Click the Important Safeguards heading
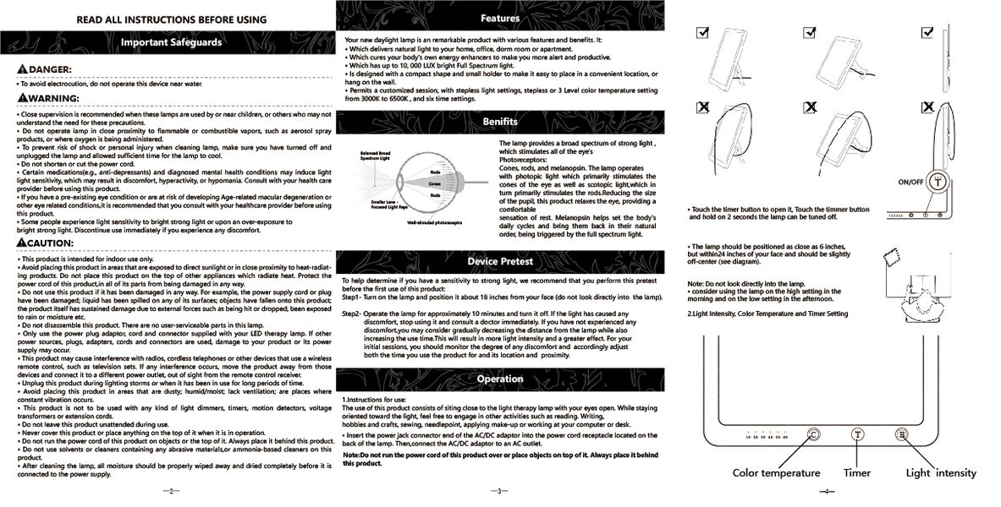coord(171,41)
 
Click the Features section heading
coord(499,18)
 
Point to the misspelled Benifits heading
coord(499,122)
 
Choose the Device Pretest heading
coord(499,261)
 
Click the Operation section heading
coord(499,379)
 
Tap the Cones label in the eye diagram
coord(434,183)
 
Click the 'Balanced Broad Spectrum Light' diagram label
coord(375,155)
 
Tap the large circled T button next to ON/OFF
coord(937,182)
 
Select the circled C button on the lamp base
coord(813,434)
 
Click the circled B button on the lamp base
coord(902,434)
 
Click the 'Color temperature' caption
coord(776,473)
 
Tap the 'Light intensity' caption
coord(941,473)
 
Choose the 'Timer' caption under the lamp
coord(856,473)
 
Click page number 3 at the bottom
coord(499,491)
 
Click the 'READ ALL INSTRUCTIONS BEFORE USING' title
coord(171,19)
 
